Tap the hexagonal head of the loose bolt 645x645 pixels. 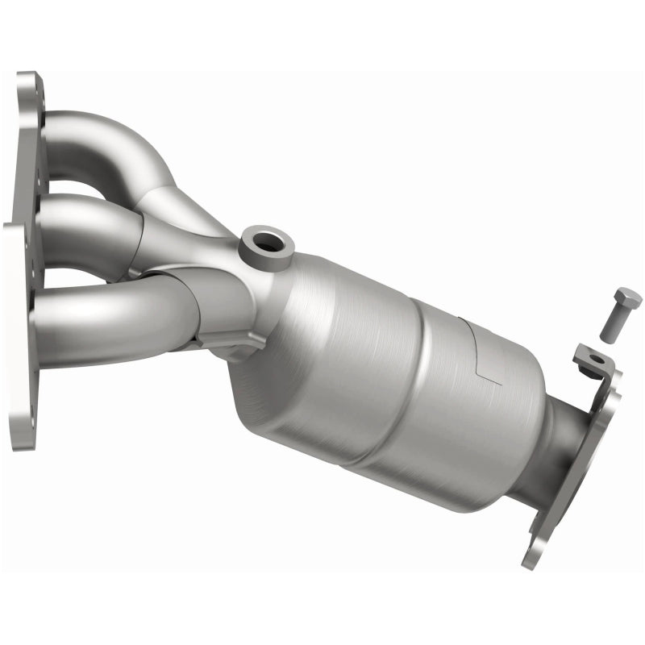tap(627, 299)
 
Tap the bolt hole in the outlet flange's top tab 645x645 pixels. tap(595, 358)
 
